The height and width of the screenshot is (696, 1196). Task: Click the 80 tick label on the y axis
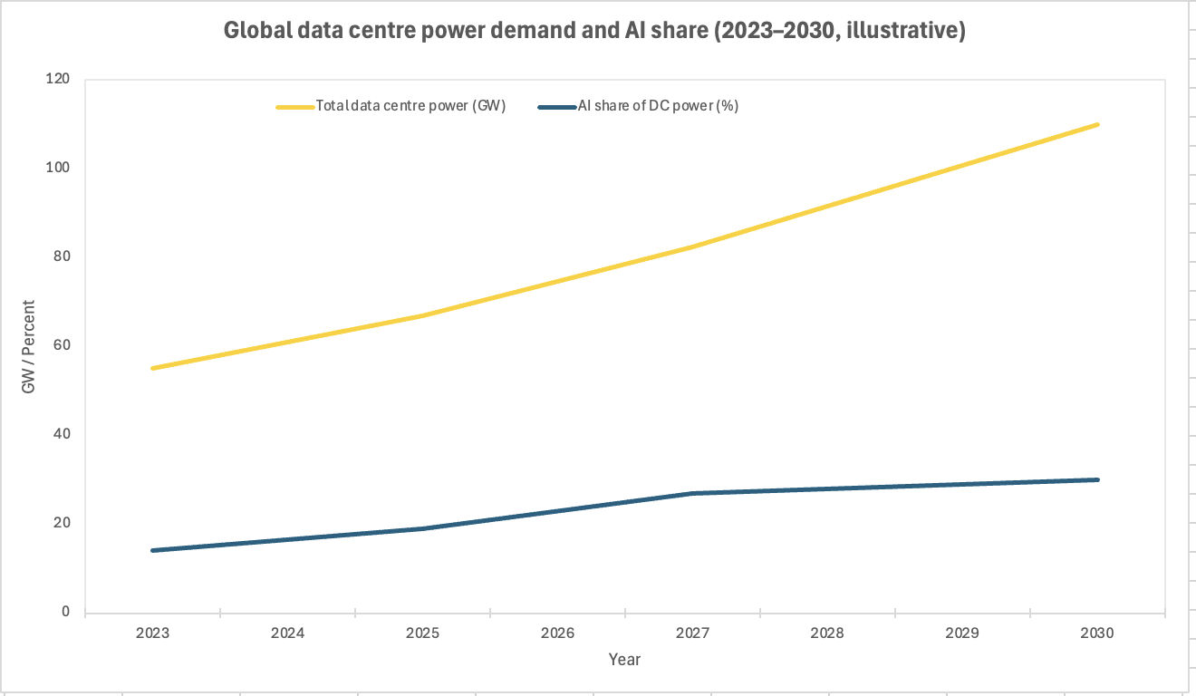pyautogui.click(x=62, y=256)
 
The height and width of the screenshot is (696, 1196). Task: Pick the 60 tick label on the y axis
pyautogui.click(x=62, y=345)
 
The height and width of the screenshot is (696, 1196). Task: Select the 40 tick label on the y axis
pyautogui.click(x=62, y=434)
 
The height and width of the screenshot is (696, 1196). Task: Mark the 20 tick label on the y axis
pyautogui.click(x=62, y=523)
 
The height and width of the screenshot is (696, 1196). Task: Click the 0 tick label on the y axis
pyautogui.click(x=65, y=612)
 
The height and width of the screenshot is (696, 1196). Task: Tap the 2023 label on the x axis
pyautogui.click(x=152, y=633)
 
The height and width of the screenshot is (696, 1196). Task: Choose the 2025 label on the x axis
pyautogui.click(x=422, y=633)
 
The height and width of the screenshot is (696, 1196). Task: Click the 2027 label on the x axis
pyautogui.click(x=692, y=633)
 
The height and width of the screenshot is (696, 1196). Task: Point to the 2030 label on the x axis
pyautogui.click(x=1097, y=633)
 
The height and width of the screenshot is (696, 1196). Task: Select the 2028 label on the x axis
pyautogui.click(x=827, y=633)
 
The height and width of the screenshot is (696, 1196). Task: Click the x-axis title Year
pyautogui.click(x=624, y=659)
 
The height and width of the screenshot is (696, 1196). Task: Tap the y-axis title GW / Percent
pyautogui.click(x=29, y=346)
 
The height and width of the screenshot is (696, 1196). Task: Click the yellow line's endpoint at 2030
pyautogui.click(x=1097, y=124)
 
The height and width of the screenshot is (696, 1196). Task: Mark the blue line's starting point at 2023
pyautogui.click(x=152, y=550)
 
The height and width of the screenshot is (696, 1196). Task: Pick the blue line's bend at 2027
pyautogui.click(x=692, y=493)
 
